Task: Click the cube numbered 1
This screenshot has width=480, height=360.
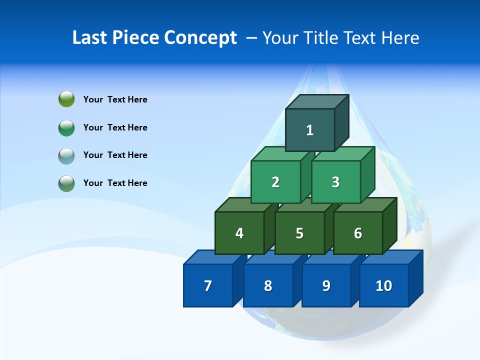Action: tap(310, 130)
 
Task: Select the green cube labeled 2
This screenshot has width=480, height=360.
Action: tap(275, 182)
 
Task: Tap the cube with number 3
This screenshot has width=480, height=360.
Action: tap(335, 182)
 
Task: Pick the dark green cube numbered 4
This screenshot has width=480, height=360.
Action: tap(239, 233)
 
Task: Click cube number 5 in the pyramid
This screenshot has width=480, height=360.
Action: tap(299, 233)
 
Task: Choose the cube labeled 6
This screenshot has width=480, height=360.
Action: tap(357, 233)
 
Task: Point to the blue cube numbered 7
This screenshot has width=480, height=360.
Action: tap(208, 285)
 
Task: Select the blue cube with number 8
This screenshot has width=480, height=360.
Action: tap(268, 285)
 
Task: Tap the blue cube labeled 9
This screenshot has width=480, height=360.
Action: tap(326, 285)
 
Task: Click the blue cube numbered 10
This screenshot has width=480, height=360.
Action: tap(383, 285)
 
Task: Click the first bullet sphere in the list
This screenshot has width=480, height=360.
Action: tap(66, 99)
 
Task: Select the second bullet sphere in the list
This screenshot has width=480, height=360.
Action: tap(66, 127)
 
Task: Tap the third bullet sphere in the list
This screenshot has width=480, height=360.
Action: tap(66, 155)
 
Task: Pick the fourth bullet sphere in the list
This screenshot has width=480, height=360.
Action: tap(66, 183)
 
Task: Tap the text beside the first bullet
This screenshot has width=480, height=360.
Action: tap(115, 99)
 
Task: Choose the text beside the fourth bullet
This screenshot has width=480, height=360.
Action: tap(115, 183)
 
